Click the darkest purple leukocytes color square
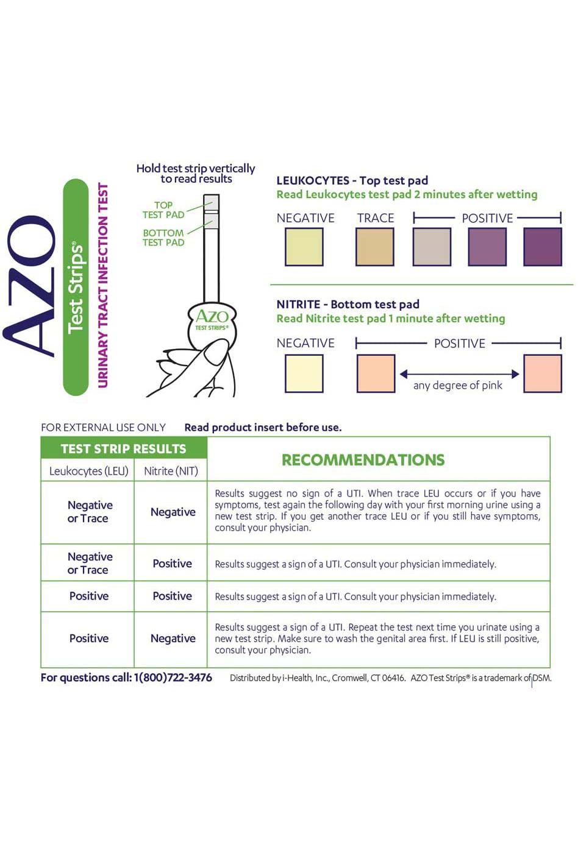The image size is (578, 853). point(542,247)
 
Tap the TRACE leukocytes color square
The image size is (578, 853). point(375,247)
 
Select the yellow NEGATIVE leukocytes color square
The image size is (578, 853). point(304,247)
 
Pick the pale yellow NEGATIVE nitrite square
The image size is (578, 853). point(304,373)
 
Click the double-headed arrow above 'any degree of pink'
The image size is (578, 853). point(459,373)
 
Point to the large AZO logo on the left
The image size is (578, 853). point(30,286)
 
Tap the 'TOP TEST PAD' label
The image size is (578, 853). point(163,210)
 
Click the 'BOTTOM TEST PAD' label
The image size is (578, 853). point(163,238)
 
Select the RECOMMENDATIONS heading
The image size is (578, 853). point(363,460)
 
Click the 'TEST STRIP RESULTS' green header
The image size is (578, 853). point(124,449)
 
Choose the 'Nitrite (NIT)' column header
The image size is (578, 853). point(171,471)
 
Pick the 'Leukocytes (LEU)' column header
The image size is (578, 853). point(89,471)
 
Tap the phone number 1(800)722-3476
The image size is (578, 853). point(173,678)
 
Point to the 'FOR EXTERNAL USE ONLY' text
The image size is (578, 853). point(103,428)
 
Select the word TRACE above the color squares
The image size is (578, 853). point(376,218)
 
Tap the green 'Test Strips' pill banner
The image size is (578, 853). point(76,287)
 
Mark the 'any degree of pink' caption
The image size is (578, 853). point(458,386)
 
